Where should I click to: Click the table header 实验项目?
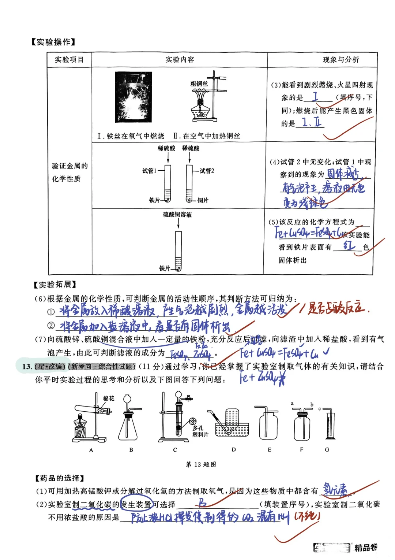pos(69,60)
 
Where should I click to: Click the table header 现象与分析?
pos(341,60)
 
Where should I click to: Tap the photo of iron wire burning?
pos(133,97)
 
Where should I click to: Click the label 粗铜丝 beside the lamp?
pos(199,84)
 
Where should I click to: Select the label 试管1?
pos(149,171)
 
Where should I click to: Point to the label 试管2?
pos(207,171)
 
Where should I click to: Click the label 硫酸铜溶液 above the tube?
pos(177,215)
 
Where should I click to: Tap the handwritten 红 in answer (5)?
pos(349,245)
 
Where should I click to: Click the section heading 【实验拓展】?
pos(55,285)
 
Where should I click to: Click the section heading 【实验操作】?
pos(53,42)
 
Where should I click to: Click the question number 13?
pos(27,367)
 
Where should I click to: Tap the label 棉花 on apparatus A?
pos(109,398)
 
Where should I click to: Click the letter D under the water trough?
pos(234,449)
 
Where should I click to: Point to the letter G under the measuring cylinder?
pos(327,449)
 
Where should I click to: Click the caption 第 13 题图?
pos(201,464)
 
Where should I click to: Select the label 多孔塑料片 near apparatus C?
pos(200,431)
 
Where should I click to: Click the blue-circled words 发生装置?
pos(136,505)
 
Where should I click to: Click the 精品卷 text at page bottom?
pos(366,548)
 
